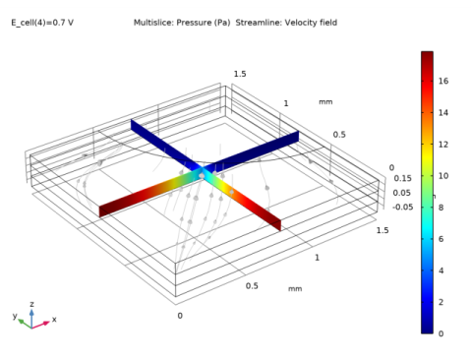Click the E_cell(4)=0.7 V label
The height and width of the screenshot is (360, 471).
[42, 23]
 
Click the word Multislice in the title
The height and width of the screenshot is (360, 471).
[153, 23]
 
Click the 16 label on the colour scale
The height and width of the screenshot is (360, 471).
[443, 81]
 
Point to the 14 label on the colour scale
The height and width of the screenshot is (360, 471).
[443, 112]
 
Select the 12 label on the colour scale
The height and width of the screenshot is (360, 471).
[443, 145]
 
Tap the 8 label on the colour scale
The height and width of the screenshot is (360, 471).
[441, 208]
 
